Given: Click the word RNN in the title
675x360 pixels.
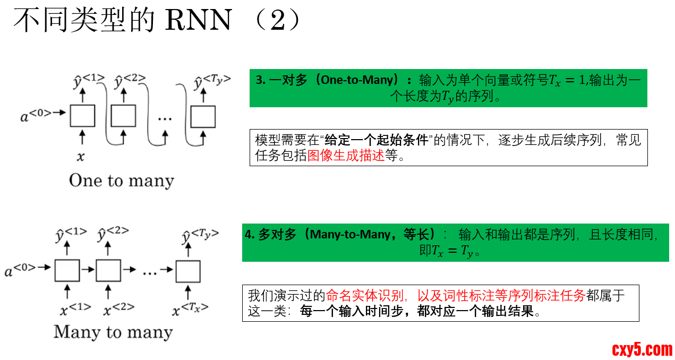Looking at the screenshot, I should [x=199, y=21].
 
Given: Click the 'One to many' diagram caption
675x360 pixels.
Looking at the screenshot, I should [x=121, y=181].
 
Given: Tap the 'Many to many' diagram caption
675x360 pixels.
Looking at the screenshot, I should [x=113, y=332].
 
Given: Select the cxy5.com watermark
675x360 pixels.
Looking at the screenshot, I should [x=642, y=349].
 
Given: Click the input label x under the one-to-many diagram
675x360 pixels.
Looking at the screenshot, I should [x=81, y=157].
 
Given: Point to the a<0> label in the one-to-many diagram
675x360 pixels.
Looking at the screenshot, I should [x=36, y=115].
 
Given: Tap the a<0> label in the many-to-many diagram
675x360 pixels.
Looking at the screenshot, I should [x=21, y=271].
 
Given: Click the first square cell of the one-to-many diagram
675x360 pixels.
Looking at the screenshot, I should [x=82, y=116].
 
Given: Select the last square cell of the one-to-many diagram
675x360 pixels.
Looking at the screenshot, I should [x=203, y=116].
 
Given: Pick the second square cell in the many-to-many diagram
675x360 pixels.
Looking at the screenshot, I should [x=108, y=271].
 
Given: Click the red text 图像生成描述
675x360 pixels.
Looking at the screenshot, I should [x=346, y=157].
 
